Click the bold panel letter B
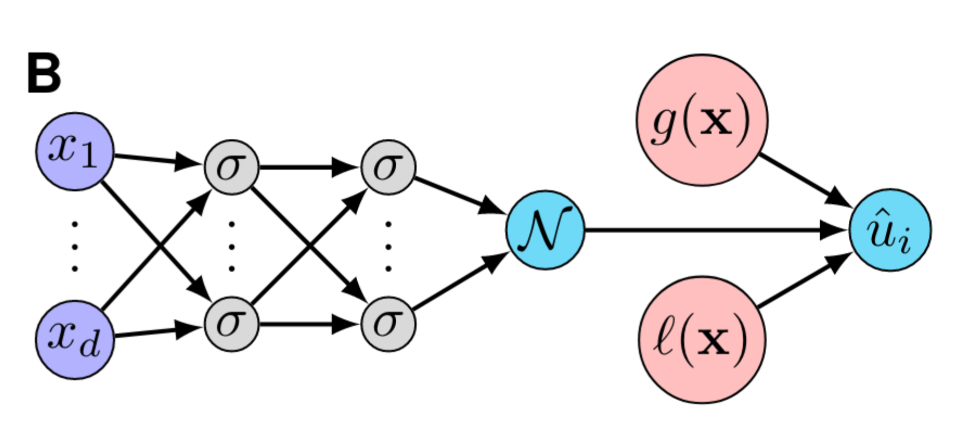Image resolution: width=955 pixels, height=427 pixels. pyautogui.click(x=44, y=75)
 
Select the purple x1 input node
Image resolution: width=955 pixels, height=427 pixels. pyautogui.click(x=74, y=152)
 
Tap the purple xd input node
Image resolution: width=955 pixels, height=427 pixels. pyautogui.click(x=74, y=340)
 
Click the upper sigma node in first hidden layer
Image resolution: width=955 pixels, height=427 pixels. pyautogui.click(x=231, y=167)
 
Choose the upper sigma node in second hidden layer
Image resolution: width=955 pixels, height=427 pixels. pyautogui.click(x=388, y=167)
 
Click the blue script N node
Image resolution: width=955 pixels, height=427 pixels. pyautogui.click(x=545, y=230)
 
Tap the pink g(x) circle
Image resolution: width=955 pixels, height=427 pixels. pyautogui.click(x=702, y=120)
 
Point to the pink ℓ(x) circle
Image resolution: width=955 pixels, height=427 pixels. pyautogui.click(x=702, y=340)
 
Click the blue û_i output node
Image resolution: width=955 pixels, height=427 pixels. pyautogui.click(x=890, y=230)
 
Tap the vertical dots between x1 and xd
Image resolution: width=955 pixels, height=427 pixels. pyautogui.click(x=75, y=246)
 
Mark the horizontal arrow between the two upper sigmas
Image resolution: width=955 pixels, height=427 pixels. pyautogui.click(x=307, y=167)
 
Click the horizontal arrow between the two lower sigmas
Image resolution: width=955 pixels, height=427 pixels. pyautogui.click(x=307, y=324)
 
